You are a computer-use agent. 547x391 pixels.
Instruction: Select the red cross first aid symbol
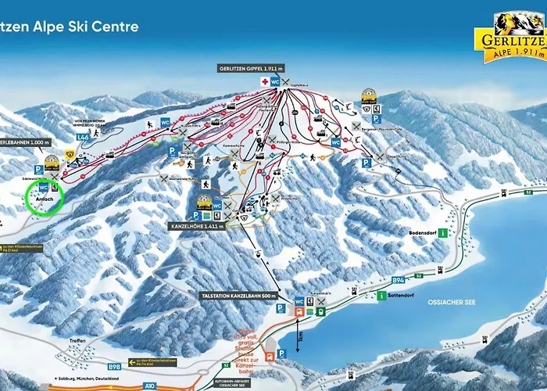tap(265, 81)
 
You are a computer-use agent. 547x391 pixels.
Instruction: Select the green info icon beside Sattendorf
tap(381, 296)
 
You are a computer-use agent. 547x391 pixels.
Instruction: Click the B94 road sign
tap(399, 279)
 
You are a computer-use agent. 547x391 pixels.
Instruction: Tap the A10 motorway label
tap(149, 385)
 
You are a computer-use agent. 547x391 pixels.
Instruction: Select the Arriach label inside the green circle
tap(43, 200)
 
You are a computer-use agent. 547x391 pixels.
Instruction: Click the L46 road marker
tap(82, 138)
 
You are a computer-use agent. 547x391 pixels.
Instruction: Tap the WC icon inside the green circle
tap(43, 188)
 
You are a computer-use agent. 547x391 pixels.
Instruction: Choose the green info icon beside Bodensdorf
tap(443, 233)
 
